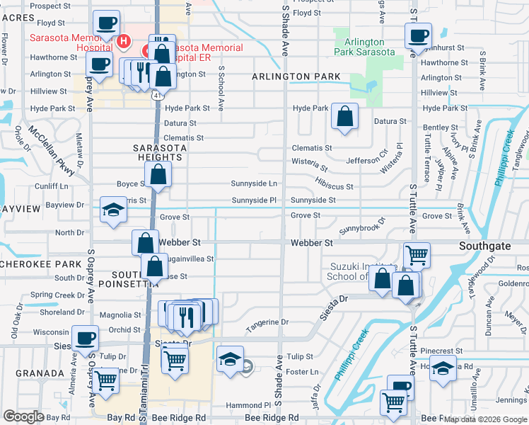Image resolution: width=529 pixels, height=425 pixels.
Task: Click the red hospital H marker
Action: [124, 42]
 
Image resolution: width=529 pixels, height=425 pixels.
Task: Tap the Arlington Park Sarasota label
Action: [364, 47]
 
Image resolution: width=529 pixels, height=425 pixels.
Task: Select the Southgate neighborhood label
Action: [484, 245]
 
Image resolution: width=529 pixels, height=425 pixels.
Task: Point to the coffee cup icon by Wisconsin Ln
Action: [86, 339]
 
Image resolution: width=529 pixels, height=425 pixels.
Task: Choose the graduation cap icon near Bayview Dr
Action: [112, 210]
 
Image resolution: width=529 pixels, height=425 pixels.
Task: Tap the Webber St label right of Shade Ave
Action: [311, 243]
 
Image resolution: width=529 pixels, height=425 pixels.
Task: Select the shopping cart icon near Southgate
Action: [417, 255]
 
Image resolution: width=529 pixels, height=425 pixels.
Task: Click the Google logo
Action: [24, 416]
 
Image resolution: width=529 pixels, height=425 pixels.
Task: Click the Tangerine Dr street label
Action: [267, 323]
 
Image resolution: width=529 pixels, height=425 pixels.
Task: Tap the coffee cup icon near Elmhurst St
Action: [417, 35]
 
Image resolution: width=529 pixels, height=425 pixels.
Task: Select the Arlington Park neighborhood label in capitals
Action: [296, 76]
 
